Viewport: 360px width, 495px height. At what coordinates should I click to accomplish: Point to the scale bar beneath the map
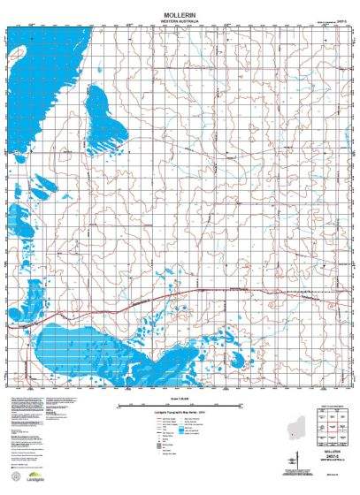176,406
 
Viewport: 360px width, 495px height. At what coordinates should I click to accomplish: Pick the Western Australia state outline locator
301,423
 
